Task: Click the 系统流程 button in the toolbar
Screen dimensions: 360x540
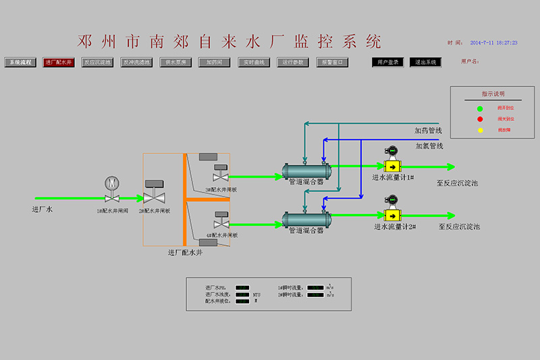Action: pos(19,62)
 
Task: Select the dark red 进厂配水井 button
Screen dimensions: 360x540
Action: pos(58,62)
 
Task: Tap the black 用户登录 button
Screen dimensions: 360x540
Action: pos(387,62)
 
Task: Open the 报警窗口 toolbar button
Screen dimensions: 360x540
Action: pos(332,62)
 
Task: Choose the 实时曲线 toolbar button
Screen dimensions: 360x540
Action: pos(254,62)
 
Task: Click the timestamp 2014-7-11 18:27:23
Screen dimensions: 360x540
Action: pos(493,43)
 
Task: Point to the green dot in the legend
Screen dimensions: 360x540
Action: pos(480,108)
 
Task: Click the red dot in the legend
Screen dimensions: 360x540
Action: pos(480,119)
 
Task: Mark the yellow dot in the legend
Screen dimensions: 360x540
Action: pos(480,130)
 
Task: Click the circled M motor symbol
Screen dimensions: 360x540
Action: pos(111,183)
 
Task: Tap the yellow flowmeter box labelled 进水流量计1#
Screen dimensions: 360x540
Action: pos(391,166)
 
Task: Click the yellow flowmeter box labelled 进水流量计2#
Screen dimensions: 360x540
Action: pos(391,215)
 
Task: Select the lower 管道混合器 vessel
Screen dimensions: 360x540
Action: pos(306,220)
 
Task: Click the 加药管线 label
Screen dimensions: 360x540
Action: pos(428,130)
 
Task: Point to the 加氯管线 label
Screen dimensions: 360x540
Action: pos(429,145)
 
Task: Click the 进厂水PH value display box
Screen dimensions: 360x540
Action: pos(242,287)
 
